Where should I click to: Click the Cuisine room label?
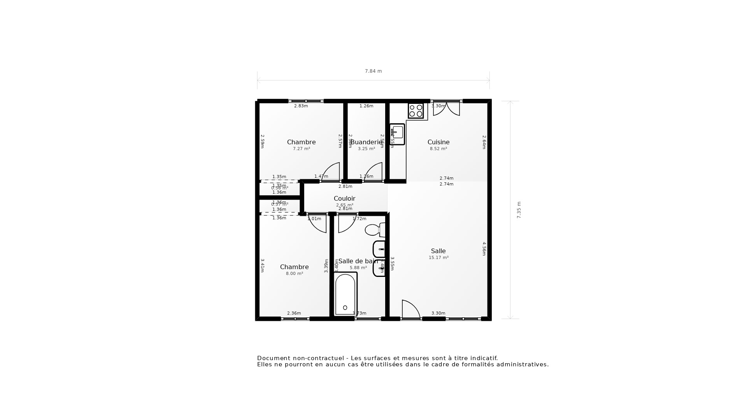[x=438, y=142]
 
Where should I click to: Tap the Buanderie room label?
[x=366, y=142]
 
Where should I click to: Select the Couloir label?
[x=344, y=199]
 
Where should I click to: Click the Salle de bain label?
[x=358, y=261]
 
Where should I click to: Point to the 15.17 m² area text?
[x=438, y=257]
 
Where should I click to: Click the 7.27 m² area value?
[x=301, y=149]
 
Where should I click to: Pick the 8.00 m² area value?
[x=294, y=273]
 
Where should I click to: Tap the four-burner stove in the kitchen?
[x=416, y=111]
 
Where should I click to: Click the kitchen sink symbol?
[x=397, y=133]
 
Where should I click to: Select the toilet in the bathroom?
[x=374, y=230]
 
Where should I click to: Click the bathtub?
[x=345, y=294]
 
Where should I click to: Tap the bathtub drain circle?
[x=345, y=308]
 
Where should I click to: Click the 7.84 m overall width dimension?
[x=373, y=71]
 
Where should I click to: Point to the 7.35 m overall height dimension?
[x=519, y=210]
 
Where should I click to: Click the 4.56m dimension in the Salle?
[x=484, y=249]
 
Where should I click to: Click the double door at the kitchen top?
[x=446, y=108]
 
